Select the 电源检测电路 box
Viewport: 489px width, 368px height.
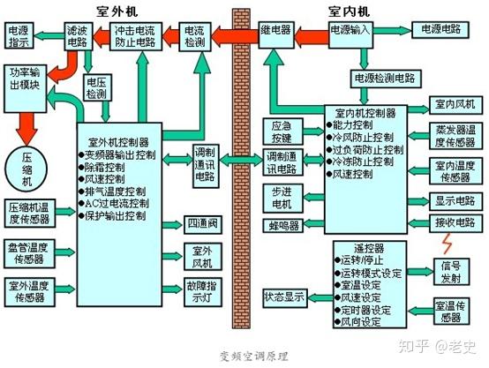(x=385, y=76)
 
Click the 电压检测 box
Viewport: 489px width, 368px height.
(x=97, y=88)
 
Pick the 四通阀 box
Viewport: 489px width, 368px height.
(x=201, y=223)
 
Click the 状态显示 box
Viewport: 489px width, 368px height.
(x=284, y=297)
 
